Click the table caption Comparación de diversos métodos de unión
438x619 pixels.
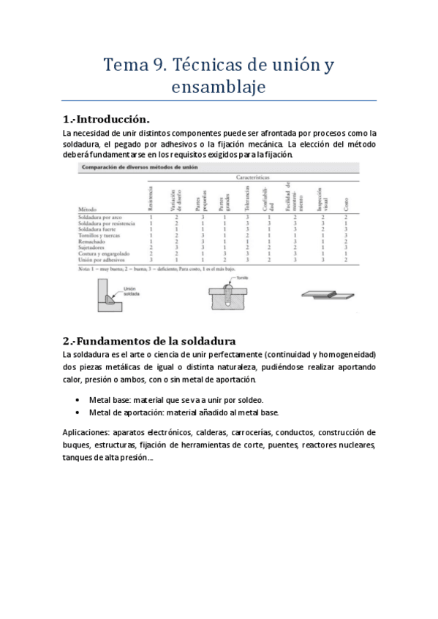tap(138, 167)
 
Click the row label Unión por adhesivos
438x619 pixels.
tap(102, 259)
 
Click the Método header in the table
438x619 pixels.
tap(88, 209)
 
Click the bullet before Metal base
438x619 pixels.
tap(78, 401)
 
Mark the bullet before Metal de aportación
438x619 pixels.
tap(78, 412)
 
